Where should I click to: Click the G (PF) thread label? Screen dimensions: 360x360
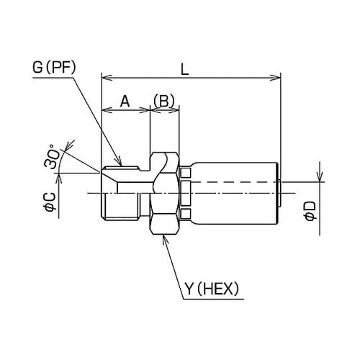pos(54,68)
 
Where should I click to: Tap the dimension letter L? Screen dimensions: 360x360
pos(184,70)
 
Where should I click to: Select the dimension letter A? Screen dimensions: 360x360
pos(125,101)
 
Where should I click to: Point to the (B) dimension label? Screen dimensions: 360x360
pos(164,101)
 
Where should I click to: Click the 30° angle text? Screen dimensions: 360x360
pos(51,156)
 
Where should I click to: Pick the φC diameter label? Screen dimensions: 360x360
pos(50,202)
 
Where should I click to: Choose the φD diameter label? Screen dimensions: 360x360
pos(310,210)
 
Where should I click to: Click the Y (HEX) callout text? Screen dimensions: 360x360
pos(212,289)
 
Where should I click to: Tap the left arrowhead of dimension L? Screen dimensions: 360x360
pos(107,78)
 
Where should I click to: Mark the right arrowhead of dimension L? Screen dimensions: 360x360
pos(275,78)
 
